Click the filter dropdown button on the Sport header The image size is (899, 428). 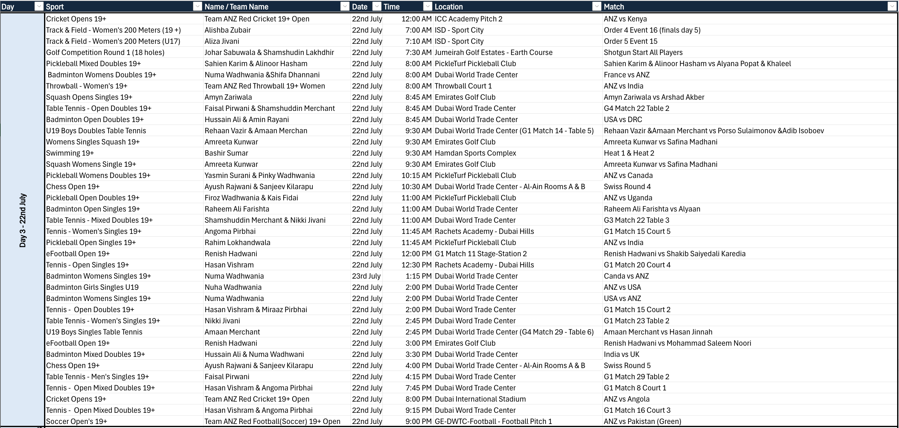(198, 6)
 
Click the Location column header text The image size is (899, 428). (449, 7)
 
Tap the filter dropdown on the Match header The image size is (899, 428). (892, 6)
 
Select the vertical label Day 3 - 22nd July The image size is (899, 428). (23, 220)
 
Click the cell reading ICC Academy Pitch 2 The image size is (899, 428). (468, 19)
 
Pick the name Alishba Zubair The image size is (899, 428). (228, 30)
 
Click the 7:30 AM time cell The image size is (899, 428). (418, 52)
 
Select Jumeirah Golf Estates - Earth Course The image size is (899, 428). (494, 52)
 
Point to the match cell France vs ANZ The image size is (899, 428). (626, 75)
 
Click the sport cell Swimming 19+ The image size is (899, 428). (70, 153)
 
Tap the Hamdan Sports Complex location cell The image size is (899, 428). (475, 153)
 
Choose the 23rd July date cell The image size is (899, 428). (366, 276)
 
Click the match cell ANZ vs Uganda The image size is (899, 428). (628, 198)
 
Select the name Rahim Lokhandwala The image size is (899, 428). (237, 243)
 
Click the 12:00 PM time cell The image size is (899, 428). (416, 254)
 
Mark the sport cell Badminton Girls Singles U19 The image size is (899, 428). (92, 287)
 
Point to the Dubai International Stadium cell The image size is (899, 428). (480, 399)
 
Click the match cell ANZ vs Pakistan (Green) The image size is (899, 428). (642, 421)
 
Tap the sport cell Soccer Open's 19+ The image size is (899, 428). (76, 421)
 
